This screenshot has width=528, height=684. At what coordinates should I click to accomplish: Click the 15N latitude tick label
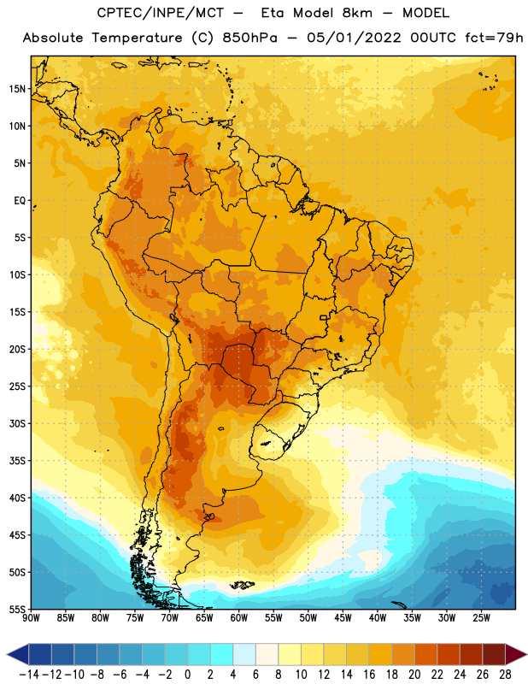[x=17, y=89]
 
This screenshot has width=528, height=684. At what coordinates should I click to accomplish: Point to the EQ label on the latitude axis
[x=20, y=201]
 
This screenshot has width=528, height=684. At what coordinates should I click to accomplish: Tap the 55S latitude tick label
[x=17, y=609]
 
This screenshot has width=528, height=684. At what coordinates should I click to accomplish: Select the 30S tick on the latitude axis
[x=17, y=423]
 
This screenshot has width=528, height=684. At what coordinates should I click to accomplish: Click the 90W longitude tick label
[x=31, y=618]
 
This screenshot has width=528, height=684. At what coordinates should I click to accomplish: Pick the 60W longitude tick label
[x=239, y=618]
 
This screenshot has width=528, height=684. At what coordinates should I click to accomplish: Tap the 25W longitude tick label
[x=481, y=618]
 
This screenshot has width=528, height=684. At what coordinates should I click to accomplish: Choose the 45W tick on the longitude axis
[x=343, y=618]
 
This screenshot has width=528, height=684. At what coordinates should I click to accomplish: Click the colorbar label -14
[x=29, y=675]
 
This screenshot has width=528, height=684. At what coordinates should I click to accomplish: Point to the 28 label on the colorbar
[x=505, y=675]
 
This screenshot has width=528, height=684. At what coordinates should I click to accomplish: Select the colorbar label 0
[x=187, y=675]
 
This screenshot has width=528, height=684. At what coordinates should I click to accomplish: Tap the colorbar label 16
[x=369, y=675]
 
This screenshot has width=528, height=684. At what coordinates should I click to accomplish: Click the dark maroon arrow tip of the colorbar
[x=516, y=654]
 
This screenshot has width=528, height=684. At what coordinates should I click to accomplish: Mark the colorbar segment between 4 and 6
[x=244, y=654]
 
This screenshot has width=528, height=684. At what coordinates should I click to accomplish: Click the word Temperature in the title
[x=137, y=38]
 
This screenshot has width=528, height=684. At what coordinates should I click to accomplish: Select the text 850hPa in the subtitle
[x=249, y=38]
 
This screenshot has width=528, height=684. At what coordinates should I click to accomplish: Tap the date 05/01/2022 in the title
[x=354, y=38]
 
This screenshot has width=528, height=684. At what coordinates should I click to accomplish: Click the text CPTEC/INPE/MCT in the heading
[x=161, y=13]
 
